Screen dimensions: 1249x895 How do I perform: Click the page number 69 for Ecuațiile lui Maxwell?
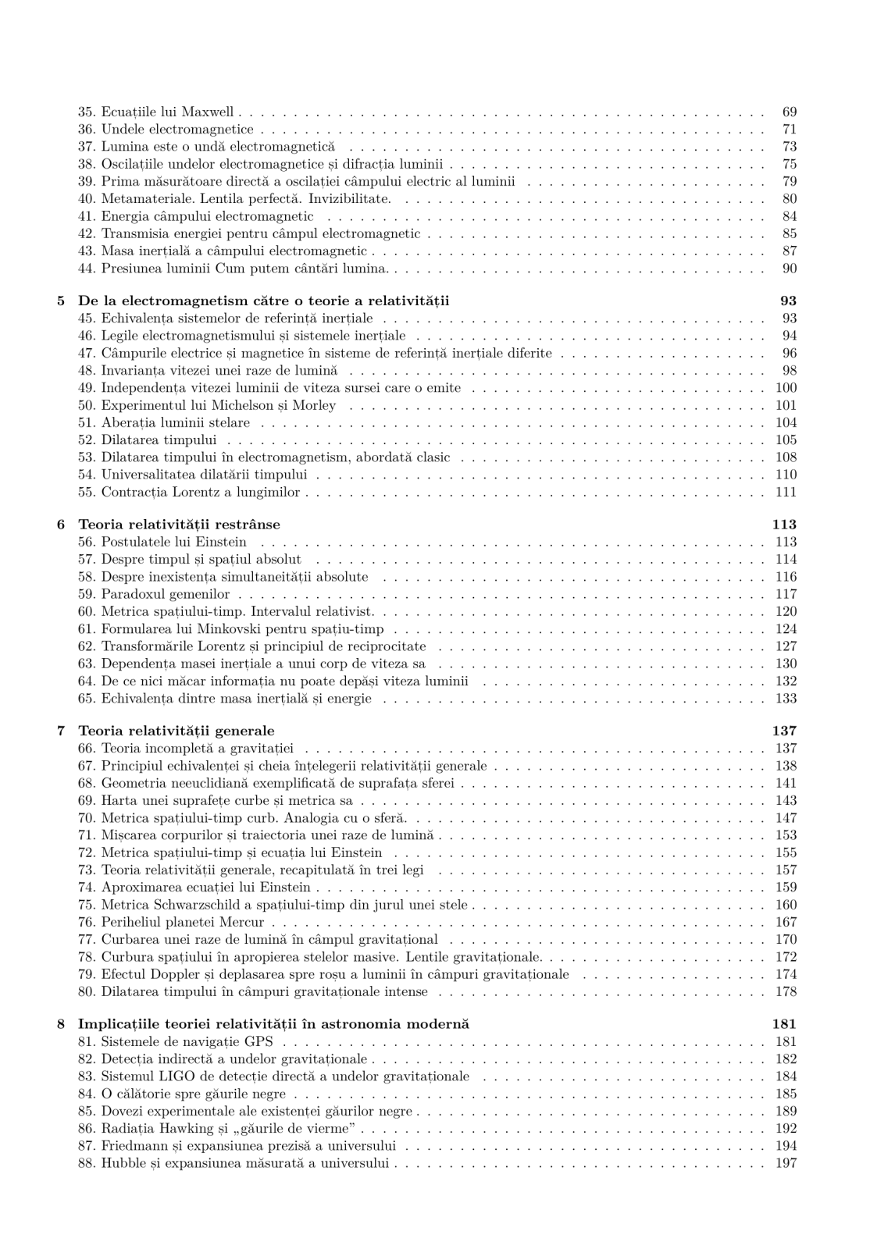[789, 112]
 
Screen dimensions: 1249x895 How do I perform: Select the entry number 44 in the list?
[87, 269]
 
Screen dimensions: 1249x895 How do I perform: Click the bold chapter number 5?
[62, 301]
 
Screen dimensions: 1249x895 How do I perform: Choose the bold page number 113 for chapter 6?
[783, 525]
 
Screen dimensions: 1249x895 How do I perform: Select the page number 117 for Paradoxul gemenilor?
[786, 594]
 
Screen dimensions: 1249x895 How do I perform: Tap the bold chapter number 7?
[62, 731]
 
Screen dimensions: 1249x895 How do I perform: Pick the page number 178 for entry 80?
[786, 991]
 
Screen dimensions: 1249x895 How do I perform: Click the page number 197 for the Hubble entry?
[786, 1163]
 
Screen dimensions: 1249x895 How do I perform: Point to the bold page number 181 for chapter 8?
[783, 1023]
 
